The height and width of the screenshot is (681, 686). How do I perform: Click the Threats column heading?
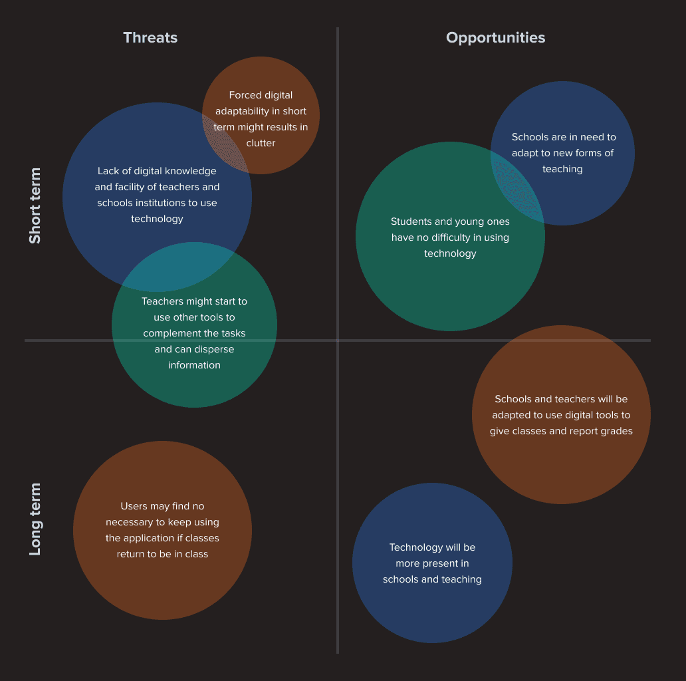pyautogui.click(x=150, y=38)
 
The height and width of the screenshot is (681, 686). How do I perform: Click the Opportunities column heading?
pyautogui.click(x=495, y=38)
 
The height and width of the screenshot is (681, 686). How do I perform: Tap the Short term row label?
pyautogui.click(x=35, y=205)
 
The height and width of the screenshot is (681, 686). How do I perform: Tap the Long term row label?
pyautogui.click(x=35, y=519)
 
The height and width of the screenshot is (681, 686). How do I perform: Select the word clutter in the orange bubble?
pyautogui.click(x=261, y=143)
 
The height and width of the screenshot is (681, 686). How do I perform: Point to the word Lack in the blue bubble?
pyautogui.click(x=109, y=171)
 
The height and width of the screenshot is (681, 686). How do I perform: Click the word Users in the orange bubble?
pyautogui.click(x=134, y=506)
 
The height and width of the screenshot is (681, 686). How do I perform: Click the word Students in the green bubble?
pyautogui.click(x=411, y=221)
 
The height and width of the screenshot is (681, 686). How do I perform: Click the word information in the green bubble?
pyautogui.click(x=194, y=365)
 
